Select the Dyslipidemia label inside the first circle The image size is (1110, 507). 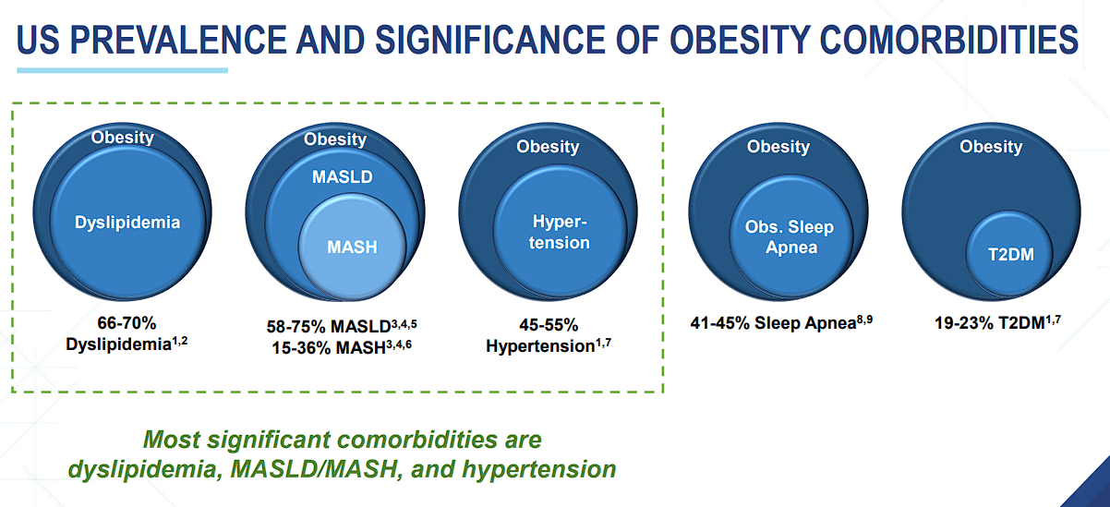(x=127, y=222)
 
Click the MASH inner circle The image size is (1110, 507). (x=353, y=247)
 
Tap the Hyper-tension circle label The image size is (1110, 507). (x=561, y=232)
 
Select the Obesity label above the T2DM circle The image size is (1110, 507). (x=991, y=147)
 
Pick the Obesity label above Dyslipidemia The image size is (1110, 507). (x=122, y=139)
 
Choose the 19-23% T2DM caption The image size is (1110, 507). (x=993, y=323)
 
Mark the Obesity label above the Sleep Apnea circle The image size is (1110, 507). (x=778, y=147)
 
